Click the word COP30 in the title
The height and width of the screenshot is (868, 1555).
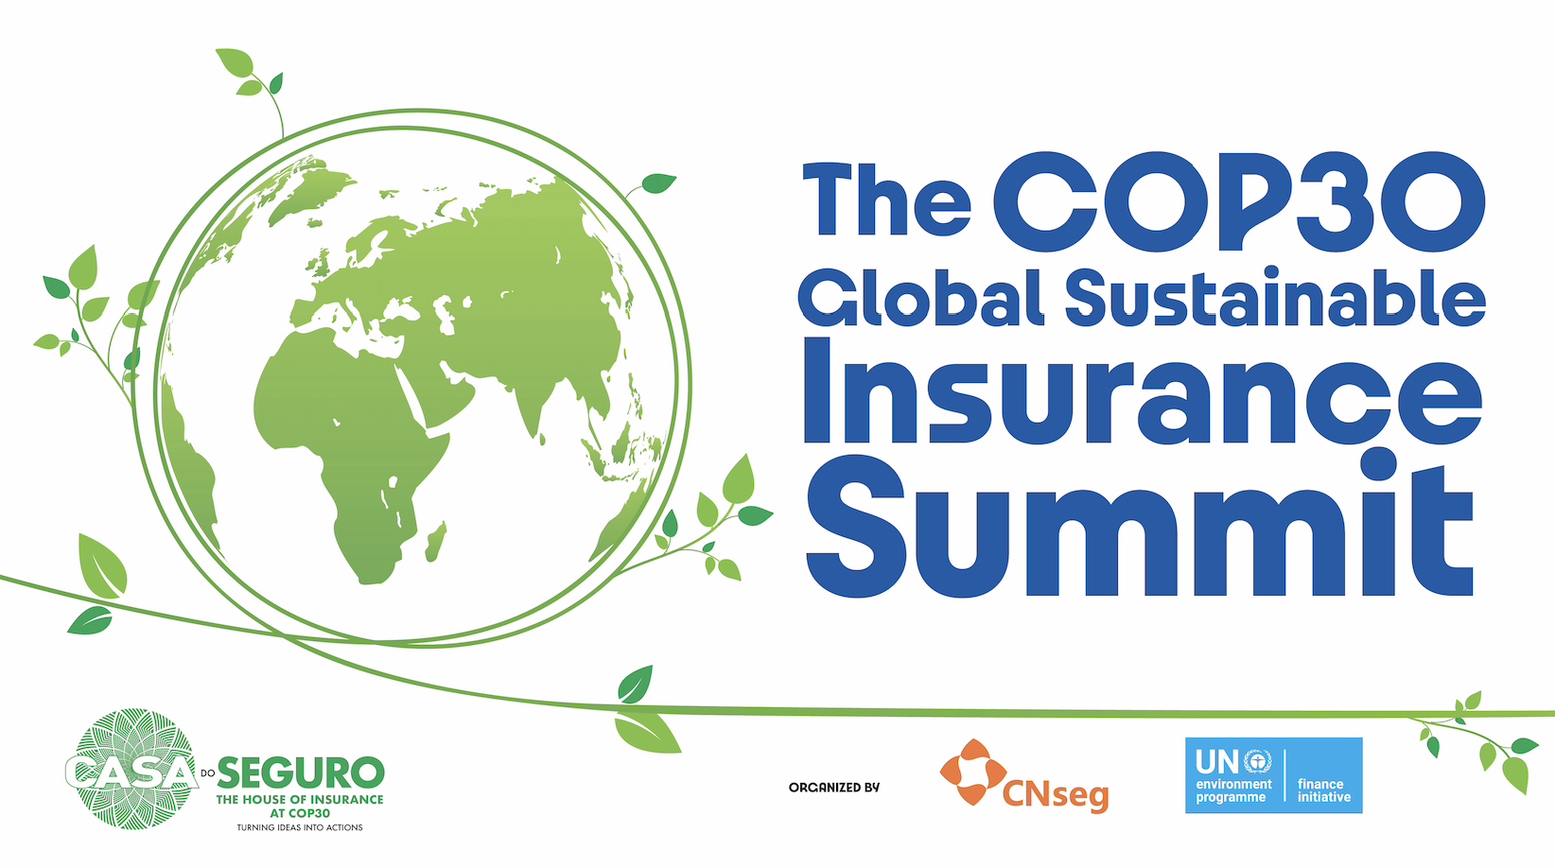(1239, 201)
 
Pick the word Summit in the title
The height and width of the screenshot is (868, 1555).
(1139, 525)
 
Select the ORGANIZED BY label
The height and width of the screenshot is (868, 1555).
(833, 788)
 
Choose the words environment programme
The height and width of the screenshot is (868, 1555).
(1233, 791)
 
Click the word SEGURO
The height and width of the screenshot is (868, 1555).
(301, 773)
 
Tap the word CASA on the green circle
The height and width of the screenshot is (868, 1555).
(131, 773)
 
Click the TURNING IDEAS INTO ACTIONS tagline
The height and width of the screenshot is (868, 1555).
(300, 827)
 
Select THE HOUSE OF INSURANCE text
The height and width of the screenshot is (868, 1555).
(300, 799)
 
